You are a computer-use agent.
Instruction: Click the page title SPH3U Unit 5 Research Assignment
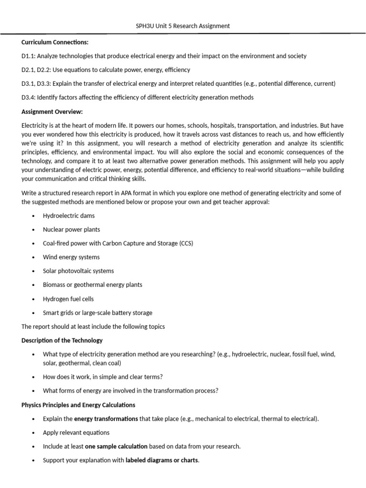tap(183, 26)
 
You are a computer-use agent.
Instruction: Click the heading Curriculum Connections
tap(55, 42)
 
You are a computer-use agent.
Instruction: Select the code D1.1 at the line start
tap(28, 56)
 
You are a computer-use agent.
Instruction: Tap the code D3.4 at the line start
tap(28, 98)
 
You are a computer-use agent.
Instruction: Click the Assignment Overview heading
tap(52, 112)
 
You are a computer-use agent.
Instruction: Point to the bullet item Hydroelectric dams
tap(69, 215)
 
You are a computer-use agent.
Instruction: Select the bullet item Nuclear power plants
tap(71, 229)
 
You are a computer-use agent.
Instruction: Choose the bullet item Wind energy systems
tap(71, 257)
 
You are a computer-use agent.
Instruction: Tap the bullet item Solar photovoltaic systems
tap(78, 271)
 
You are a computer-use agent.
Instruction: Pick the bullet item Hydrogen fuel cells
tap(68, 299)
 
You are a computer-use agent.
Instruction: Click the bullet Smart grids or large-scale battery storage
tap(97, 313)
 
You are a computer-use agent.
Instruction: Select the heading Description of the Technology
tap(62, 340)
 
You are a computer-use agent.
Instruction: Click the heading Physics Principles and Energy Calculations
tap(78, 405)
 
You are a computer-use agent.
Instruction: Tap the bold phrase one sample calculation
tap(116, 447)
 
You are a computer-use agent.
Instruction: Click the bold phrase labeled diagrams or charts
tap(162, 460)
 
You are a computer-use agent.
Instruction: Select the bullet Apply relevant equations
tap(76, 433)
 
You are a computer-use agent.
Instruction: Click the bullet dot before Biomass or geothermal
tap(33, 285)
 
